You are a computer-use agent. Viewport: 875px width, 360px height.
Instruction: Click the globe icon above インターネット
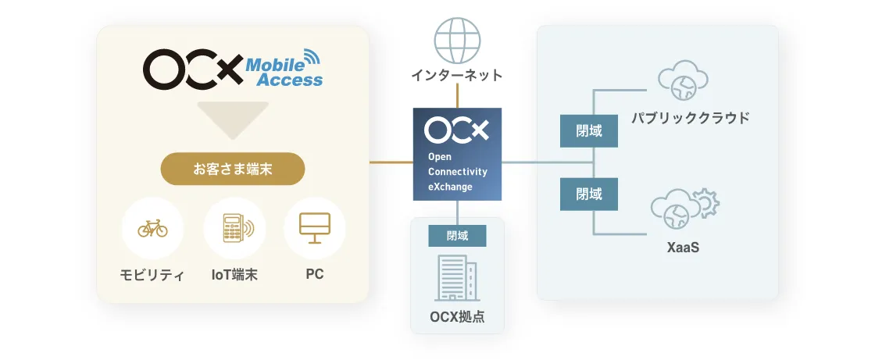pyautogui.click(x=457, y=41)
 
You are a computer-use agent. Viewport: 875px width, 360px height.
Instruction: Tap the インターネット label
pyautogui.click(x=457, y=75)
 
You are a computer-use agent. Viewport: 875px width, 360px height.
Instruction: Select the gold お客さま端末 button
pyautogui.click(x=233, y=169)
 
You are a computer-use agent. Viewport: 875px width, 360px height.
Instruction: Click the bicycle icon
pyautogui.click(x=152, y=228)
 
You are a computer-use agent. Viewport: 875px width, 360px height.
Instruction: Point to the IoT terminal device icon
pyautogui.click(x=237, y=228)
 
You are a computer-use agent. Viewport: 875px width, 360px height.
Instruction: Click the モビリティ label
pyautogui.click(x=152, y=275)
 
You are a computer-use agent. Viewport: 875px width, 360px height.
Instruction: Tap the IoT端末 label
pyautogui.click(x=234, y=275)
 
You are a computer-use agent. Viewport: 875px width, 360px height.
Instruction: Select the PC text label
pyautogui.click(x=315, y=275)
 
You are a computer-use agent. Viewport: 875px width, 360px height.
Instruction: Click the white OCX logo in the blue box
pyautogui.click(x=456, y=130)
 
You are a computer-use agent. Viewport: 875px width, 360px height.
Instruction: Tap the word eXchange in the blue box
pyautogui.click(x=450, y=187)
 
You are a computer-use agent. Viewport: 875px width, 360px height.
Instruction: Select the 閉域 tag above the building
pyautogui.click(x=458, y=236)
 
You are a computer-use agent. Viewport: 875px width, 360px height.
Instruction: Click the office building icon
pyautogui.click(x=457, y=279)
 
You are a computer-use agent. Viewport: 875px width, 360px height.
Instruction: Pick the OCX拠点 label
pyautogui.click(x=457, y=317)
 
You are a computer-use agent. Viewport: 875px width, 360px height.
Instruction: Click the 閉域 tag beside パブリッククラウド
pyautogui.click(x=589, y=131)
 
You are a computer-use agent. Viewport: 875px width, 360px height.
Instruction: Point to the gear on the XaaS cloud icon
pyautogui.click(x=705, y=202)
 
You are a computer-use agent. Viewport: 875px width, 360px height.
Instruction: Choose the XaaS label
pyautogui.click(x=683, y=248)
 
